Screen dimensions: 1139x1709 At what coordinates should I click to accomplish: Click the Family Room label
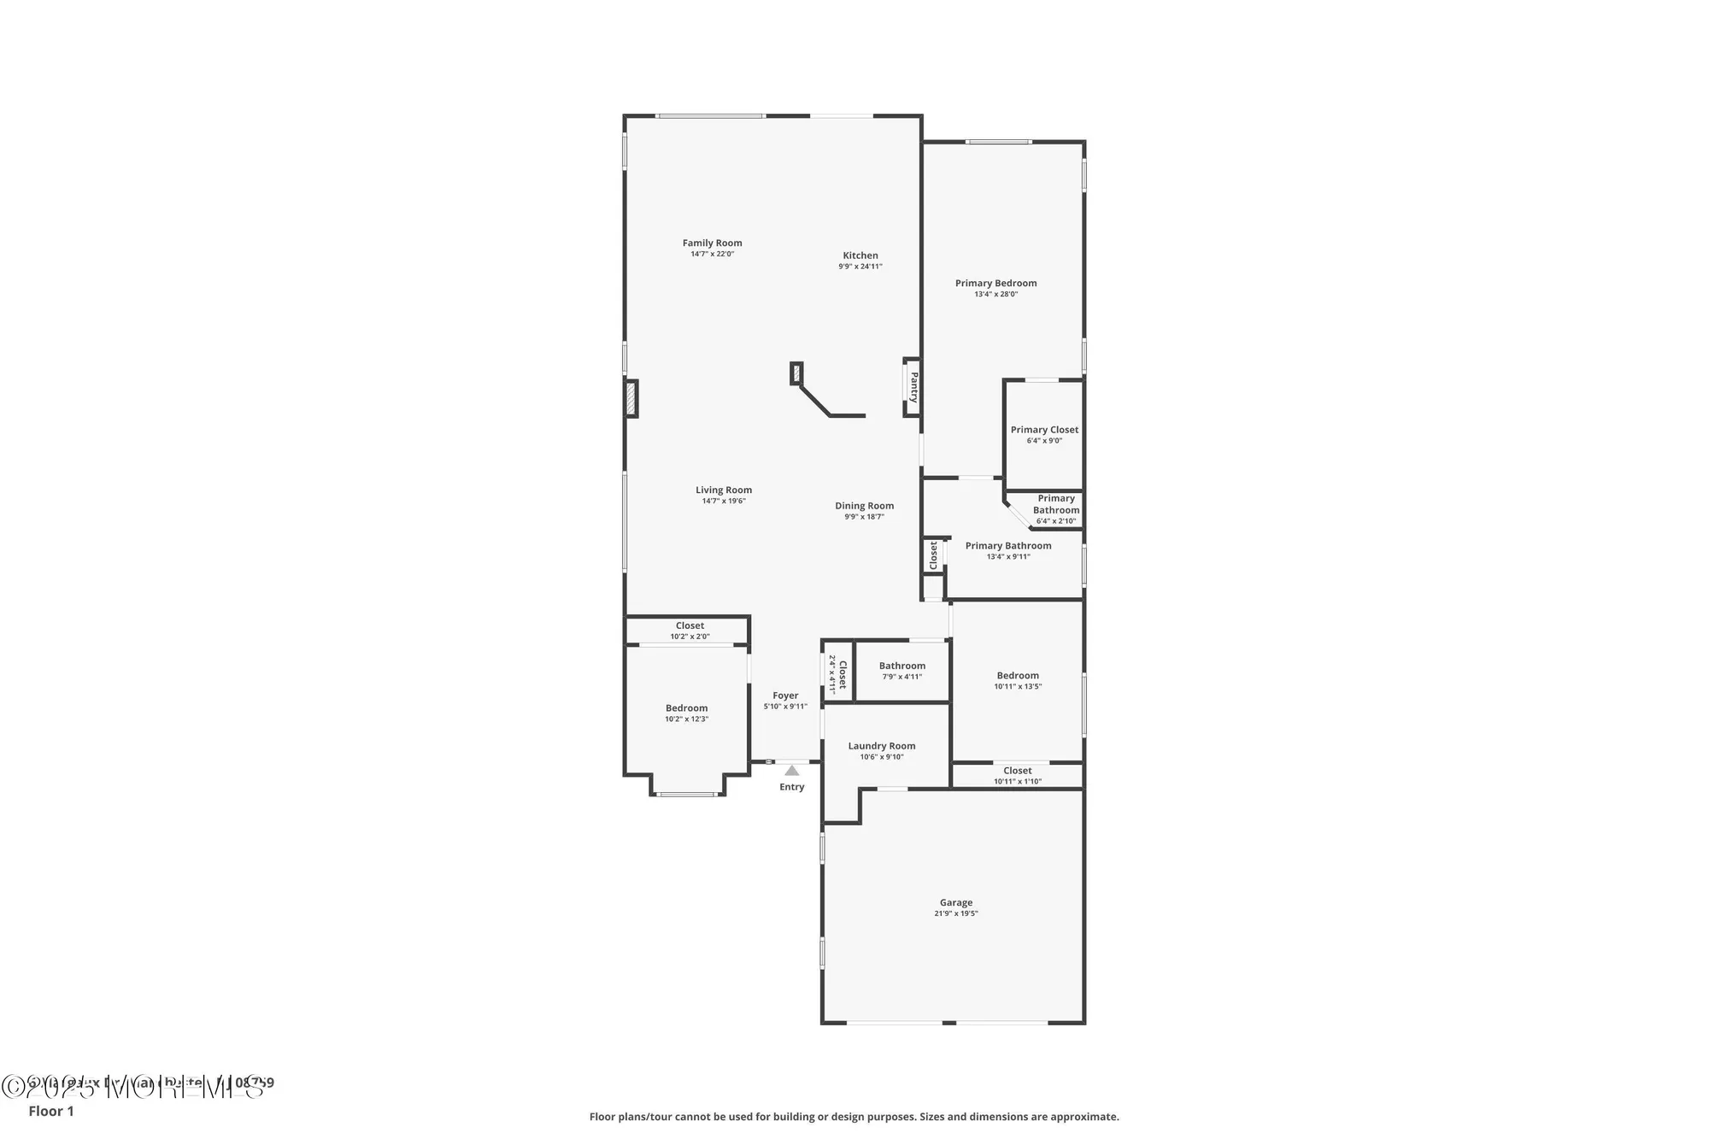(x=712, y=244)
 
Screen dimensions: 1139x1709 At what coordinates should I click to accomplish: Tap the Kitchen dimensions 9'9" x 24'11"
(x=860, y=267)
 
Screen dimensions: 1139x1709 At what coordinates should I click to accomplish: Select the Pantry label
(x=913, y=387)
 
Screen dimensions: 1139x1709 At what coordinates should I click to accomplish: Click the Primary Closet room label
(x=1044, y=430)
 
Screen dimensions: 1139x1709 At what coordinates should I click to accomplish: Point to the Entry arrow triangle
(x=792, y=771)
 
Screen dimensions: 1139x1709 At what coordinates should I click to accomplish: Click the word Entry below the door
(x=792, y=787)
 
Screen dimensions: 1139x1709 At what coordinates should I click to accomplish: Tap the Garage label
(x=956, y=902)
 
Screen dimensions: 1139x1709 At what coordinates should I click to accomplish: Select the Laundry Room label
(x=882, y=746)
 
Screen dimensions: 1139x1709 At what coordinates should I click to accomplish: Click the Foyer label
(x=785, y=696)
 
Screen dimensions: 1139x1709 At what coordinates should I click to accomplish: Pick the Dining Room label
(x=864, y=506)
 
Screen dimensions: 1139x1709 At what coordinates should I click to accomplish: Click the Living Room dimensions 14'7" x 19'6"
(x=724, y=502)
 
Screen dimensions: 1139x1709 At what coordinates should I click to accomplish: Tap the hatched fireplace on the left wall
(x=631, y=399)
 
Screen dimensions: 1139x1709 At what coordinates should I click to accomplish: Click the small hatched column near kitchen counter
(x=796, y=373)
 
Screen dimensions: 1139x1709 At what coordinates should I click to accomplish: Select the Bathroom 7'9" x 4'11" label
(x=902, y=671)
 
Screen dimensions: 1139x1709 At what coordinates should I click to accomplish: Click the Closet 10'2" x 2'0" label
(x=690, y=631)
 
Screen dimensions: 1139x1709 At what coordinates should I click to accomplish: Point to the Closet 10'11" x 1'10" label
(x=1017, y=776)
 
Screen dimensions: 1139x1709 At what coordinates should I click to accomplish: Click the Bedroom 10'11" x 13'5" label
(x=1018, y=680)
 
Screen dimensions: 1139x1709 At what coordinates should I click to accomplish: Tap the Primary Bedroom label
(x=995, y=284)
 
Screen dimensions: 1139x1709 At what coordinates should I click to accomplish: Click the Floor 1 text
(x=51, y=1111)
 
